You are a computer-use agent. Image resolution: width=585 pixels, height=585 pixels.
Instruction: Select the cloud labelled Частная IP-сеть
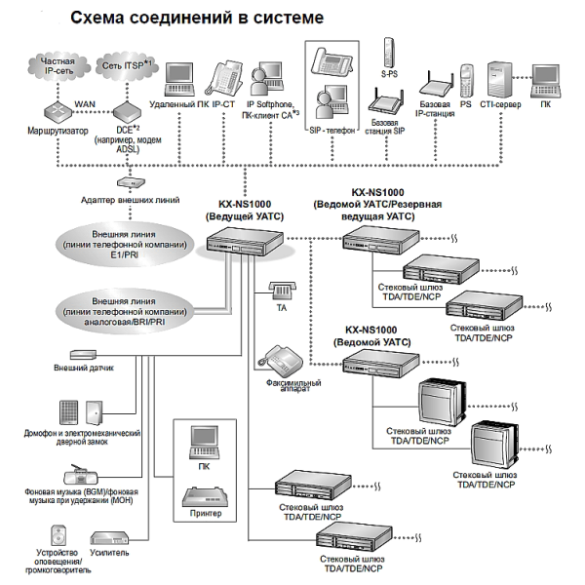coord(57,67)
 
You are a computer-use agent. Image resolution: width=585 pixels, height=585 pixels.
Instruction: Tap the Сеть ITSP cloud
coord(121,69)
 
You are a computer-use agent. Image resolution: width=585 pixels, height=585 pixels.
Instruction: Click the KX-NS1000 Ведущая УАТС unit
coord(248,244)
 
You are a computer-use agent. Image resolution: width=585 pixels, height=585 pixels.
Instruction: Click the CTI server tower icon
coord(498,78)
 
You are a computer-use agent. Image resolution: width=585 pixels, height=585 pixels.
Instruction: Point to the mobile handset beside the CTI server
coord(466,78)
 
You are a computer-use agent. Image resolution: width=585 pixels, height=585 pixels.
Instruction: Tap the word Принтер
coord(204,514)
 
